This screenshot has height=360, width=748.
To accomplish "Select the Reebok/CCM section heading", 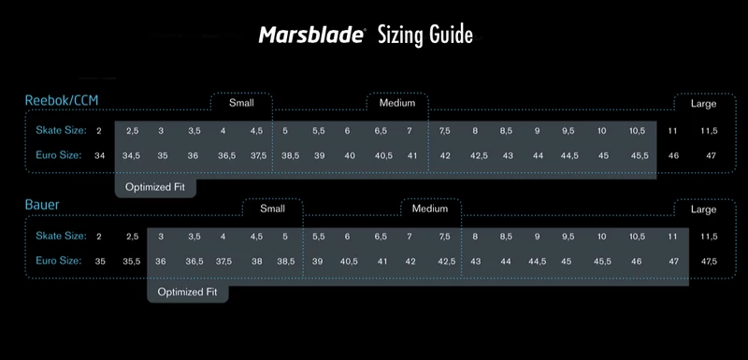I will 63,101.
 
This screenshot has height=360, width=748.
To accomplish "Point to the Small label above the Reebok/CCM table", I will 241,104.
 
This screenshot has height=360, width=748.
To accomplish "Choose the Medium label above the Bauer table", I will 430,209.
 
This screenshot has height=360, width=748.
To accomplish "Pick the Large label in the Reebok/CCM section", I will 703,104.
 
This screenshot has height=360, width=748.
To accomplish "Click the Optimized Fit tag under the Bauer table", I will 187,292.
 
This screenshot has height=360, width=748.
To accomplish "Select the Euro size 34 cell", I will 100,155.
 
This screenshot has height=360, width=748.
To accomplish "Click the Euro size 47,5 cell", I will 708,261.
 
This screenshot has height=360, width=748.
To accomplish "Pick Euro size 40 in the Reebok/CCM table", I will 350,155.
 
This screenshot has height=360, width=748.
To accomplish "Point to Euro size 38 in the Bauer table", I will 256,261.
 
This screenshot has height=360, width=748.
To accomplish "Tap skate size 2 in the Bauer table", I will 99,236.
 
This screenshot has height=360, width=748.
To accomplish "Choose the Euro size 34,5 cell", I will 131,155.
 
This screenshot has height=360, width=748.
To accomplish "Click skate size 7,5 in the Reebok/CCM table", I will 444,130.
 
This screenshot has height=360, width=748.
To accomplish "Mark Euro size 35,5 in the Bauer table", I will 132,261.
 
